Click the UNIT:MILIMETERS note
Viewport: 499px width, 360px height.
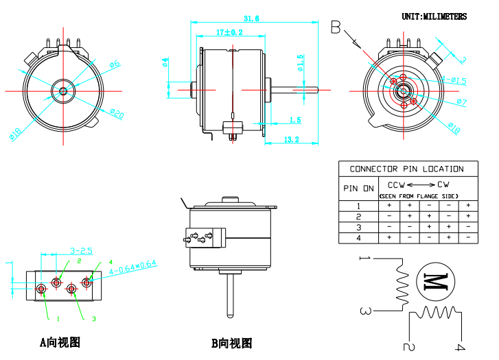coord(434,16)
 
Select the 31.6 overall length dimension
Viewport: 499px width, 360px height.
coord(251,19)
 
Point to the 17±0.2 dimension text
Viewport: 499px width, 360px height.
coord(229,32)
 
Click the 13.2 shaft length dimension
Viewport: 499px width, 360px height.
coord(292,140)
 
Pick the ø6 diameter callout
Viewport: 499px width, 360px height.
coord(114,65)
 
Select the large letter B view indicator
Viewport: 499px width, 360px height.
coord(336,27)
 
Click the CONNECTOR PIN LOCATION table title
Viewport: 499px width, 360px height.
coord(406,169)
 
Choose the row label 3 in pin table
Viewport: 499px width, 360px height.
coord(358,227)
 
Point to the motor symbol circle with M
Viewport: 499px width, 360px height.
coord(436,280)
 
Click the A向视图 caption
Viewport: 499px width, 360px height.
coord(60,342)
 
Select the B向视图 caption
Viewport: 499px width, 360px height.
coord(231,343)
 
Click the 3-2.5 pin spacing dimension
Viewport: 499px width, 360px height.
coord(80,250)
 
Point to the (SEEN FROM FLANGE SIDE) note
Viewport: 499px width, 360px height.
coord(419,196)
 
